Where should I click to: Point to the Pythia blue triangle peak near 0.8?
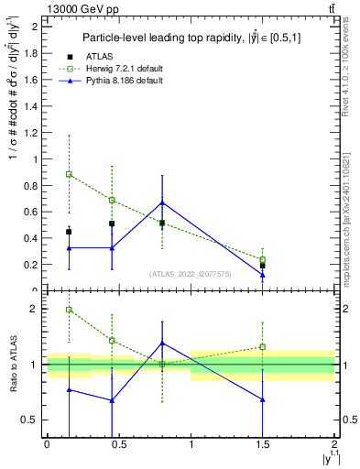pyautogui.click(x=162, y=202)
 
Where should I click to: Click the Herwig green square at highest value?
pyautogui.click(x=69, y=174)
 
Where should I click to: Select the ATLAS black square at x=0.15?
pyautogui.click(x=69, y=232)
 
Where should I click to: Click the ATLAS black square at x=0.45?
pyautogui.click(x=112, y=224)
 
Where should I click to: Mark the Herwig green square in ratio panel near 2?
pyautogui.click(x=69, y=310)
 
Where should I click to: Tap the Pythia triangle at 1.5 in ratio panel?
pyautogui.click(x=263, y=399)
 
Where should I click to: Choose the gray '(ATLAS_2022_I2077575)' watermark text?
pyautogui.click(x=190, y=273)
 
